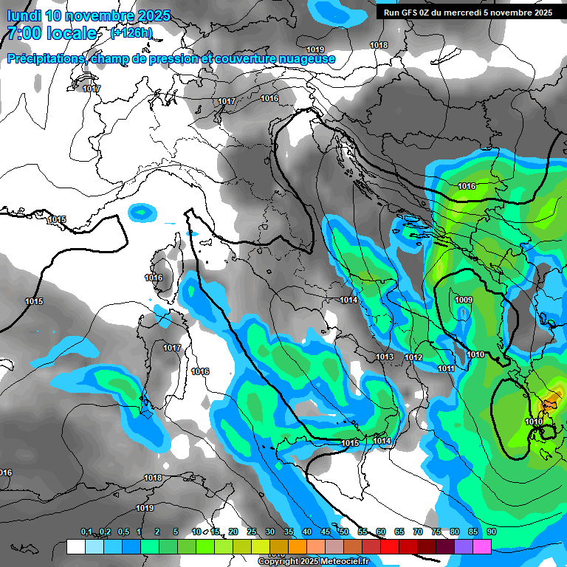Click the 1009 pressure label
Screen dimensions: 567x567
pyautogui.click(x=464, y=300)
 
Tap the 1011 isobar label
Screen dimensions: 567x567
pyautogui.click(x=446, y=368)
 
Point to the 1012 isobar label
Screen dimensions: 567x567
pyautogui.click(x=413, y=358)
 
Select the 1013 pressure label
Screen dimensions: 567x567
pyautogui.click(x=385, y=357)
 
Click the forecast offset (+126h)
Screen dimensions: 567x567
pyautogui.click(x=131, y=32)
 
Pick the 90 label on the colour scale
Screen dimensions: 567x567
pyautogui.click(x=491, y=532)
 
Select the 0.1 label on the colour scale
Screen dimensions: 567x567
pyautogui.click(x=86, y=532)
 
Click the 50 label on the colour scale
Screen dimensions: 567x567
pyautogui.click(x=344, y=532)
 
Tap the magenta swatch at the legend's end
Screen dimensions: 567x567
pyautogui.click(x=482, y=546)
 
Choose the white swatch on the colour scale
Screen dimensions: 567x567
pyautogui.click(x=75, y=546)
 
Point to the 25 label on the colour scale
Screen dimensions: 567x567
pyautogui.click(x=252, y=532)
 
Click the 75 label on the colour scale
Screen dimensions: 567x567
pyautogui.click(x=436, y=532)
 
